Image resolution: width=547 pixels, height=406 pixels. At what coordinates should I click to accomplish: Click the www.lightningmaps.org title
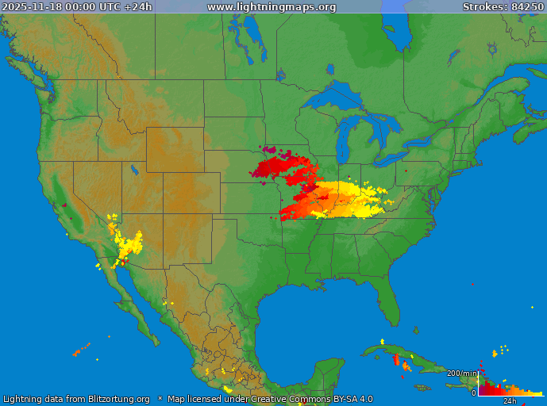(272, 7)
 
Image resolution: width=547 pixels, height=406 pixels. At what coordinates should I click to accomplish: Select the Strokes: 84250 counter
(503, 7)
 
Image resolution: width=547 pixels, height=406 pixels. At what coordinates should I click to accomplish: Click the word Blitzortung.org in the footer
(111, 399)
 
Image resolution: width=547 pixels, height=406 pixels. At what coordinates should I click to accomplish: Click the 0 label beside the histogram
(474, 393)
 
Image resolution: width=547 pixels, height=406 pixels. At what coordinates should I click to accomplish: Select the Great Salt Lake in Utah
(132, 169)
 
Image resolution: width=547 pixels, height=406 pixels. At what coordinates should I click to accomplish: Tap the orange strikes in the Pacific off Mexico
(82, 349)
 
